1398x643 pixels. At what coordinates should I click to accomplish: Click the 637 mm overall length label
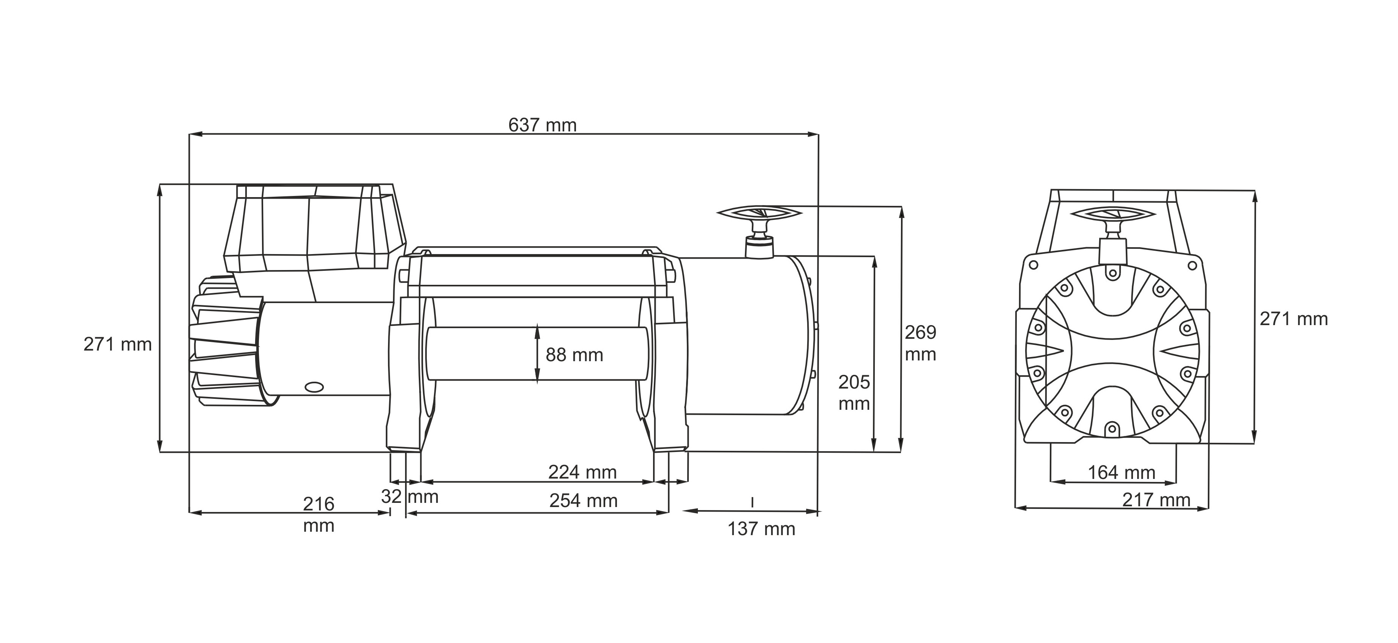542,125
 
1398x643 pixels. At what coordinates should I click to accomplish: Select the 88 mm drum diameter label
574,355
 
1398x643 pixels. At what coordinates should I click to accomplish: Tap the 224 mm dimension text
582,472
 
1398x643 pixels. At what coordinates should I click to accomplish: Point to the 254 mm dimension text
584,500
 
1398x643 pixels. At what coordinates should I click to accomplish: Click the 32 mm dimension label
410,496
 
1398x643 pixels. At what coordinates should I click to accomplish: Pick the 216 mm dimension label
319,515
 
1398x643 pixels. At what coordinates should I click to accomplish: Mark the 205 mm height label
854,393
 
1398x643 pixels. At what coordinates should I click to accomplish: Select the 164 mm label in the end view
1121,472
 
